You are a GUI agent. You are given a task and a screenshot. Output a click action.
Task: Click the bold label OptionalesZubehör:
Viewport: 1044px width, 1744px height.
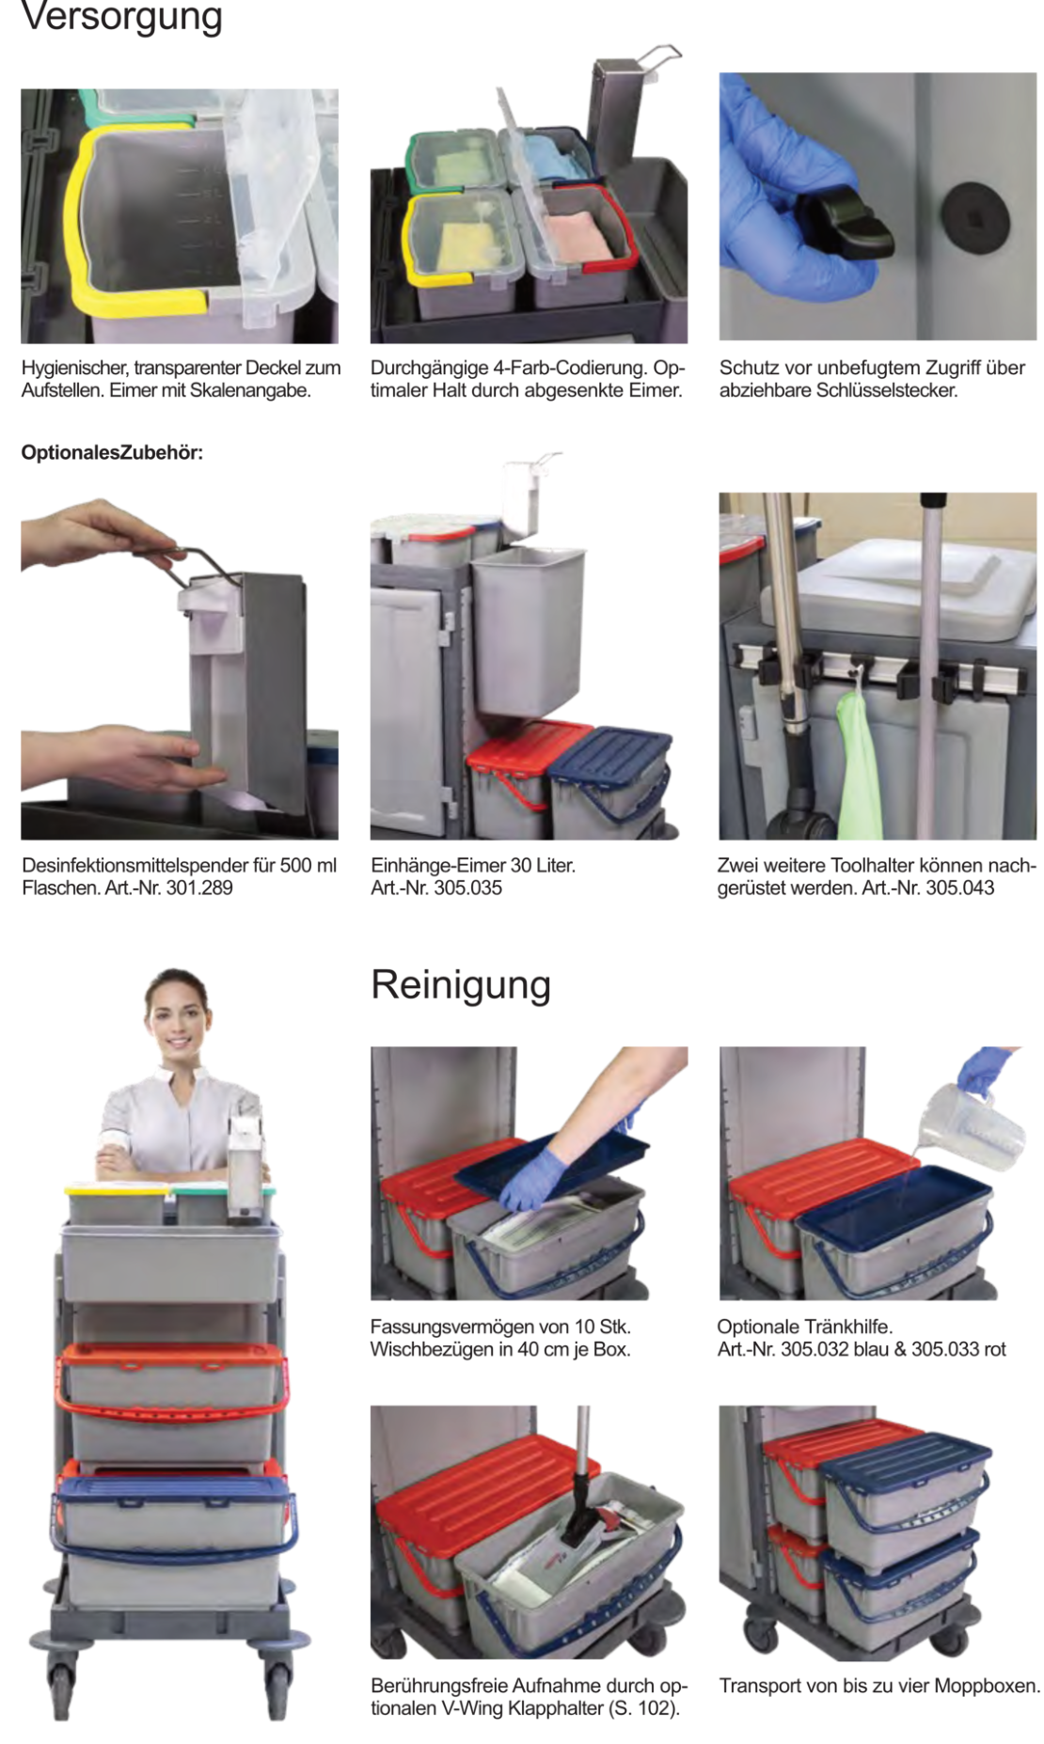click(x=112, y=452)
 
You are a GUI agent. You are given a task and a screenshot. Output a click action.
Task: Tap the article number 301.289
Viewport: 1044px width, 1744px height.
click(x=199, y=888)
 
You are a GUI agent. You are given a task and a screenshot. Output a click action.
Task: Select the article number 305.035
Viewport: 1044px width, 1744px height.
click(x=468, y=888)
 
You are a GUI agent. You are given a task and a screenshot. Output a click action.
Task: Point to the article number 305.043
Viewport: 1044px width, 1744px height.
click(x=960, y=888)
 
